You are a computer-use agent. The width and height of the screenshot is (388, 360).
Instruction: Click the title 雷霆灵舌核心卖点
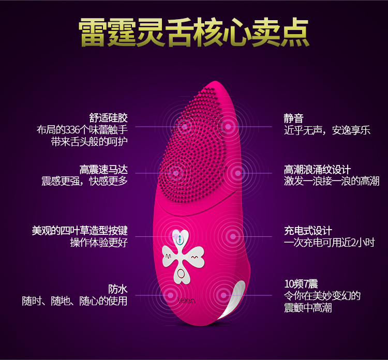pos(194,32)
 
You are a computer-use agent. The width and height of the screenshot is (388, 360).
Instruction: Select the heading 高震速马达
pos(103,169)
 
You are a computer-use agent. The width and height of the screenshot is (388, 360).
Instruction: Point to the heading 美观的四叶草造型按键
pos(80,231)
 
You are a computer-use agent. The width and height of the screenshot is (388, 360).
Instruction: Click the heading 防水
pos(117,289)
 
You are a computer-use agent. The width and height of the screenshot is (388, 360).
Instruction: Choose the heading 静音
pos(293,117)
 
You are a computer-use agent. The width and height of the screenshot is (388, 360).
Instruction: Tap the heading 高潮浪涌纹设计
pos(317,169)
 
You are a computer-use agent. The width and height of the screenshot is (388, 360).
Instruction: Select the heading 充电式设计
pos(308,231)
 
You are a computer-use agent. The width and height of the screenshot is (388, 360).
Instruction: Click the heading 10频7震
pos(301,284)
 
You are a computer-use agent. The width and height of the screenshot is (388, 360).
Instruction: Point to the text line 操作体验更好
pos(99,243)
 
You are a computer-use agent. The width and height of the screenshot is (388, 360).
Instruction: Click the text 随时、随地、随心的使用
pos(74,301)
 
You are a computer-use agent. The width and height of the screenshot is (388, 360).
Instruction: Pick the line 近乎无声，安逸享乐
pos(327,130)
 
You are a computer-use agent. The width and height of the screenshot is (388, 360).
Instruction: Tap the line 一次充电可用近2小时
pos(329,243)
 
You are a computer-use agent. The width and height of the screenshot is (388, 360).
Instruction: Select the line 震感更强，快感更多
pos(84,181)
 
